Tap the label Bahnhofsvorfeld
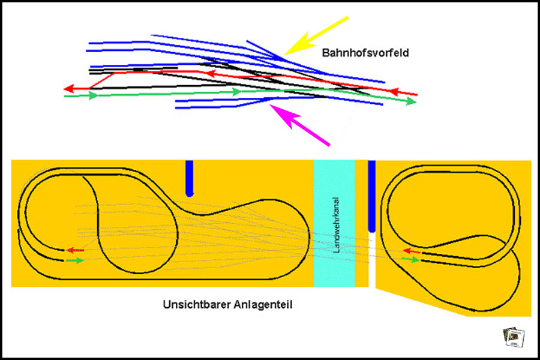click(x=365, y=53)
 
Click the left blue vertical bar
click(x=190, y=178)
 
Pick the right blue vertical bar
click(x=371, y=196)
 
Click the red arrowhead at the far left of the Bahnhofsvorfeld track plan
click(x=69, y=89)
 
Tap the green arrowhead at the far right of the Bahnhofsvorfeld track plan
click(x=411, y=101)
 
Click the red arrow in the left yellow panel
click(x=74, y=250)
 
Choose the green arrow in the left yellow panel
click(x=75, y=260)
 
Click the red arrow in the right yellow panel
click(x=411, y=251)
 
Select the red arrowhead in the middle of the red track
click(x=211, y=74)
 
